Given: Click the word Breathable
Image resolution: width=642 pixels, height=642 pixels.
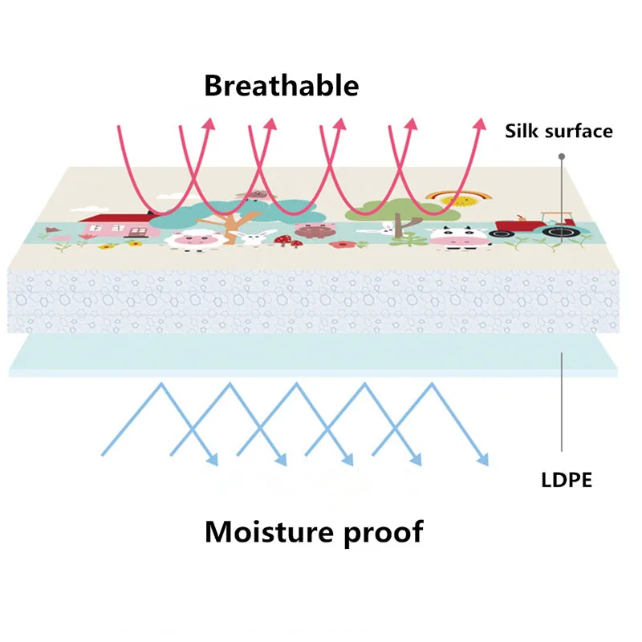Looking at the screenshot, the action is (282, 86).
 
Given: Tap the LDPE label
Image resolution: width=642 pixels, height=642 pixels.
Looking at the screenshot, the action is (567, 480).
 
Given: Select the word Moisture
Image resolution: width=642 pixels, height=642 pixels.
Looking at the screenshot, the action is (269, 531).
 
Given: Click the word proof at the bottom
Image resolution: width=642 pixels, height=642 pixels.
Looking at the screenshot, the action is (384, 533).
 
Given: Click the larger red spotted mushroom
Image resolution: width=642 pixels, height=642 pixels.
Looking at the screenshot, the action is (283, 239).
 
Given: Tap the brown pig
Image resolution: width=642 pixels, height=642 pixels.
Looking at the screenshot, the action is (315, 230).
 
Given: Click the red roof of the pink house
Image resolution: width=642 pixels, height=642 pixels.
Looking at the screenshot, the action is (119, 217).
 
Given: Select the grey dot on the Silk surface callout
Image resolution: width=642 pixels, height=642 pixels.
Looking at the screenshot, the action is (562, 156).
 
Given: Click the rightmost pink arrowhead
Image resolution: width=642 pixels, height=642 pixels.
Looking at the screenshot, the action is (480, 124).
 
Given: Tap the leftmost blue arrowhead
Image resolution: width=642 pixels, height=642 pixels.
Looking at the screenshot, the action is (213, 460).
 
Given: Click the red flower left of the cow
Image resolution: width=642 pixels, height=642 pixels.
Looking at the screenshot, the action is (339, 245).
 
